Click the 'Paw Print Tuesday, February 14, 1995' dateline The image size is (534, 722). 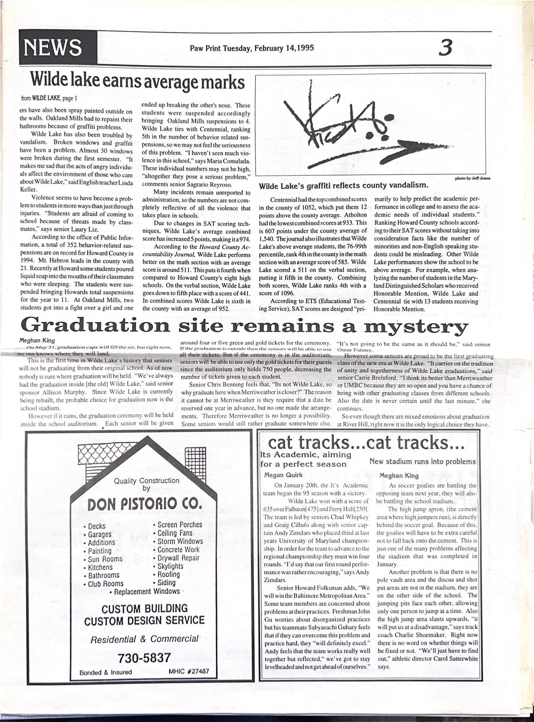(252, 48)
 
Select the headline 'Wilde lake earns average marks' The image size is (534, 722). (137, 82)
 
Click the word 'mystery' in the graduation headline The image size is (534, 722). (416, 327)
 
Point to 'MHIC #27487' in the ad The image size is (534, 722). (189, 671)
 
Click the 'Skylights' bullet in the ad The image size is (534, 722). (170, 566)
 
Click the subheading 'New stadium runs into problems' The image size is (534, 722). (422, 462)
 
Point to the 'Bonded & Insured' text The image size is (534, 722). (106, 672)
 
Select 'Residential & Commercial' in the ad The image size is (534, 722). (145, 639)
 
